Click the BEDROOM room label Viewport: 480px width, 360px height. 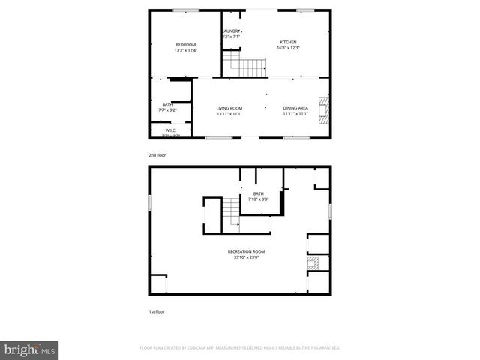185,45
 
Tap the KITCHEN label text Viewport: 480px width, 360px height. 289,42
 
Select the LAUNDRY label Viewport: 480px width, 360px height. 230,31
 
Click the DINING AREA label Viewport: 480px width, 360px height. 295,108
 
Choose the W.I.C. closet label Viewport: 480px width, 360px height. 170,130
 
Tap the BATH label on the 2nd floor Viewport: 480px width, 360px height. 167,104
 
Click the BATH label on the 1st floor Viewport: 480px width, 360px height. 258,194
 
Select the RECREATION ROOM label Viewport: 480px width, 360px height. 247,251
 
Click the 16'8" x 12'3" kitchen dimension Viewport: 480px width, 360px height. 289,48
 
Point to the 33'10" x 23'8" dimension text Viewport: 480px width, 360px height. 247,257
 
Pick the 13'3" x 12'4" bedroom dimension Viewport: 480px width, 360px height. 185,51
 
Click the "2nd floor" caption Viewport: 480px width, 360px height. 157,154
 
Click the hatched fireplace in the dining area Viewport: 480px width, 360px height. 323,109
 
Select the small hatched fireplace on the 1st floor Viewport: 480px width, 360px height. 315,262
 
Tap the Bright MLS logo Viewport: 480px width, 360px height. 30,349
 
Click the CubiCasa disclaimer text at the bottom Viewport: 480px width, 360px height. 240,348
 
